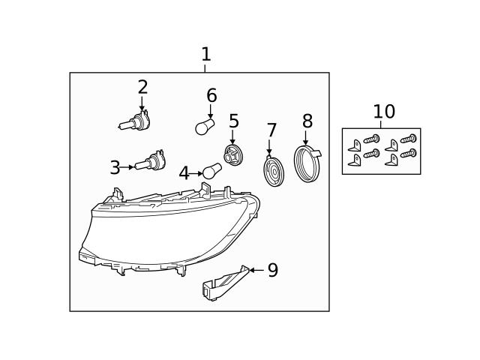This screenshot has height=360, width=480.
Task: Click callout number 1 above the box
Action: (x=205, y=55)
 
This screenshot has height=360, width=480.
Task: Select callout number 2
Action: (x=142, y=88)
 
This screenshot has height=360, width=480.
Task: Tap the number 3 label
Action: (x=115, y=168)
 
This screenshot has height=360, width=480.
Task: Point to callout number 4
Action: (x=184, y=174)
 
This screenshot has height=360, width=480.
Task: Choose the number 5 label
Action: (x=234, y=121)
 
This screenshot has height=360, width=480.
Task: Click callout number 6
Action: (x=211, y=96)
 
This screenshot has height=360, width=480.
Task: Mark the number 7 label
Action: (x=271, y=131)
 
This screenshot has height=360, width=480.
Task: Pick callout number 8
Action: (x=307, y=121)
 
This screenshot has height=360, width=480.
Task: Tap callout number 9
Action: (x=273, y=271)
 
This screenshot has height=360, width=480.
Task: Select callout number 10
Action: (x=384, y=112)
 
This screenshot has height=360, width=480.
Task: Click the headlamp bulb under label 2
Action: (x=135, y=121)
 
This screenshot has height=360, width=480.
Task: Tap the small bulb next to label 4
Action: (x=211, y=172)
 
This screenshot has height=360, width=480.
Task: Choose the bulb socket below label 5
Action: (x=233, y=156)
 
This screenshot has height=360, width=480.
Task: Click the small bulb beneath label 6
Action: (x=205, y=127)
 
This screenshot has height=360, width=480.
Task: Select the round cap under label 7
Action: (x=274, y=172)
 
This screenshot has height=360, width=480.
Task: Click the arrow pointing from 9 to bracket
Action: (x=256, y=270)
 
